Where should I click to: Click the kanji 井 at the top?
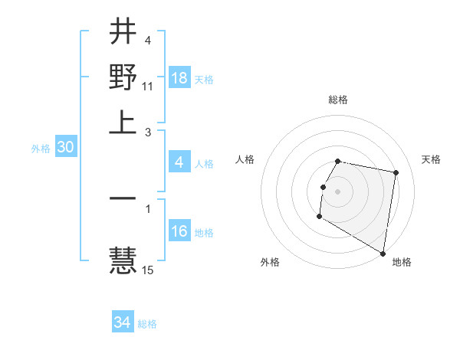point(123,33)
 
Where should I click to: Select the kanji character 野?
point(123,77)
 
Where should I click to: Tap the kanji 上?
point(123,122)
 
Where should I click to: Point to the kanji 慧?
point(123,260)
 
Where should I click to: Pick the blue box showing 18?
point(179,79)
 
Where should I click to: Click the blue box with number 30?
point(65,148)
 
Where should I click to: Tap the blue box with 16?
point(179,231)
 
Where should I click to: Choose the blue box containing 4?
point(179,162)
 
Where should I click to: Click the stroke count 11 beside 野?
point(148,87)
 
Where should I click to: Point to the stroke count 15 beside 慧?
point(148,270)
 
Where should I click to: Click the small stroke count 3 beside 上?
point(148,132)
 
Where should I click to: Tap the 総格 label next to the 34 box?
point(147,324)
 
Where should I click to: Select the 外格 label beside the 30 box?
point(40,149)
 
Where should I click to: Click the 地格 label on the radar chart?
point(402,262)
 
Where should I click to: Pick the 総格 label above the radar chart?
point(338,100)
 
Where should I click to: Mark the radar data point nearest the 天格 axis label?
point(396,174)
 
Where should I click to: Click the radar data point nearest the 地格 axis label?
point(383,253)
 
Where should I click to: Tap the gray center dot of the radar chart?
point(338,190)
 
